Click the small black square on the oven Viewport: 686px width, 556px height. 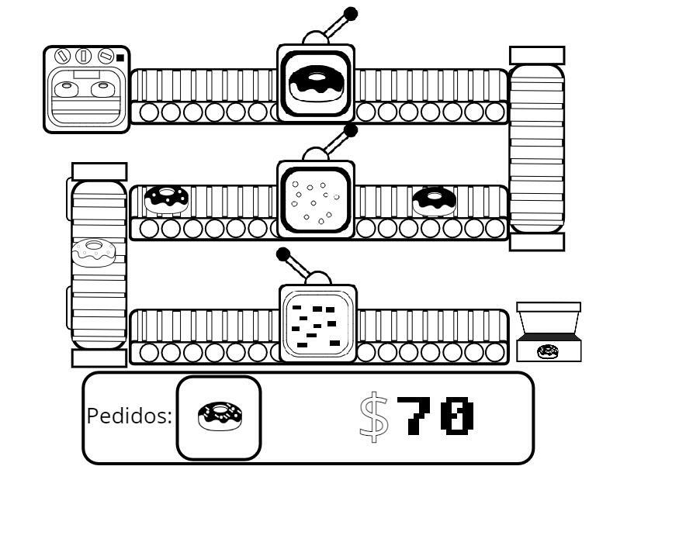point(120,57)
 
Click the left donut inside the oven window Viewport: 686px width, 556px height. point(65,89)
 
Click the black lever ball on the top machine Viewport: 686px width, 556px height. point(350,14)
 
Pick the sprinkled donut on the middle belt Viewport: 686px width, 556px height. point(166,199)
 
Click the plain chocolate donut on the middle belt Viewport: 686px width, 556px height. point(434,201)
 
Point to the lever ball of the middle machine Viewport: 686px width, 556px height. point(350,130)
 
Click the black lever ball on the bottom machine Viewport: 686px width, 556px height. point(283,254)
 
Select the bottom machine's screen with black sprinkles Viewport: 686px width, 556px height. point(317,324)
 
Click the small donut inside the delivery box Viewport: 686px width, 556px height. point(548,352)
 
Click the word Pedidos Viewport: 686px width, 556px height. point(129,416)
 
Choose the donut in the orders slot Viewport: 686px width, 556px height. point(220,416)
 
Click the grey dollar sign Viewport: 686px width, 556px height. point(374,416)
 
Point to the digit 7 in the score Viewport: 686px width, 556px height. point(414,416)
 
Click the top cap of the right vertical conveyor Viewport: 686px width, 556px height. point(536,55)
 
